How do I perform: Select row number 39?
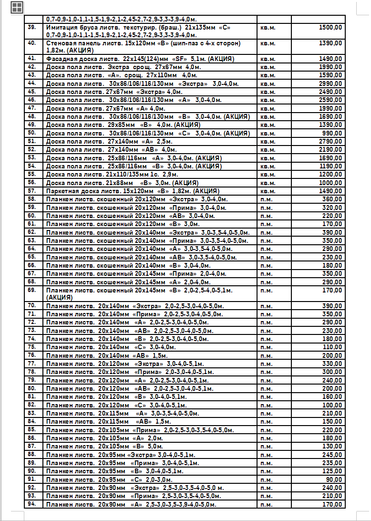point(32,27)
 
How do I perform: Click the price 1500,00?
point(330,28)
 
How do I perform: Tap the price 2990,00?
point(330,83)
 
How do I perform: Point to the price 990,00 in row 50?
point(332,133)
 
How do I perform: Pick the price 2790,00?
point(330,141)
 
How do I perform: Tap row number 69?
point(32,290)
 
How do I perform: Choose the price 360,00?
point(332,199)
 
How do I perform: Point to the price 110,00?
point(332,347)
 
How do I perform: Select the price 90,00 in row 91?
point(334,479)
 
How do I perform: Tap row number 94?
point(32,504)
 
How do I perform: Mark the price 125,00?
point(332,471)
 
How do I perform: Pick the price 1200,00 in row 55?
point(330,175)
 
